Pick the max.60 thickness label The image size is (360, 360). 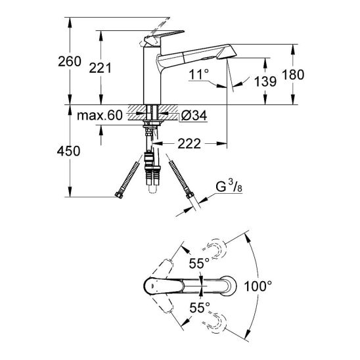coord(99,116)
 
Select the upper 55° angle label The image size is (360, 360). coord(198,263)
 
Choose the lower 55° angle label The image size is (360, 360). coord(198,307)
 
